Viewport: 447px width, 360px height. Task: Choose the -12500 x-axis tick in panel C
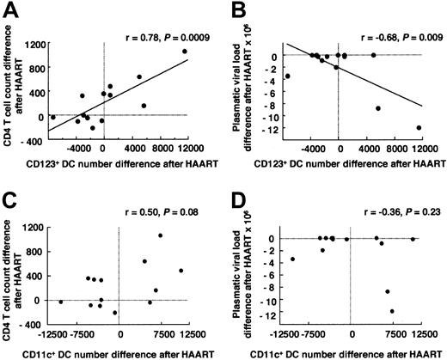[51, 333]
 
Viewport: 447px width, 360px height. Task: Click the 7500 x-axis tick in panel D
[383, 333]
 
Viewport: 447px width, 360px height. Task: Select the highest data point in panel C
[160, 235]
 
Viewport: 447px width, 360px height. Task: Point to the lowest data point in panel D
[392, 311]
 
